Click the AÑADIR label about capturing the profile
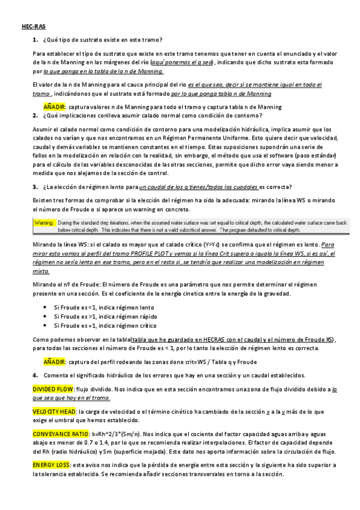pyautogui.click(x=55, y=362)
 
